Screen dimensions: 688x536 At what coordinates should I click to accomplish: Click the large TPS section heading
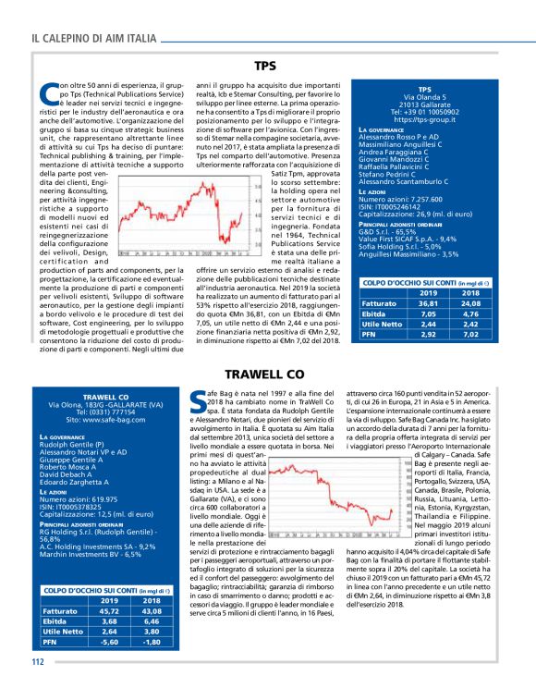266,67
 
